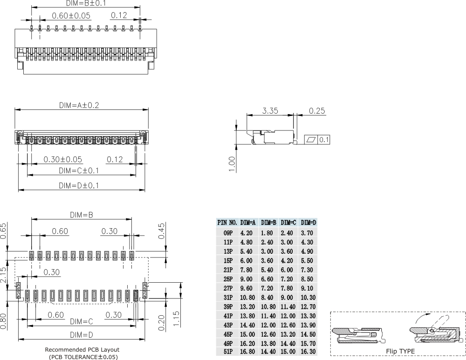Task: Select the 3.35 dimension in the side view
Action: pos(270,111)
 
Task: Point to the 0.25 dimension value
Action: pos(317,111)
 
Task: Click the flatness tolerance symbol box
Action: pos(311,139)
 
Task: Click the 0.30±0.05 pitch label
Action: pos(63,159)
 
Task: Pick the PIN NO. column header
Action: pos(227,223)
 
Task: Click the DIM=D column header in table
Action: pos(308,223)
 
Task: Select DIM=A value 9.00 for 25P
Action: pos(247,279)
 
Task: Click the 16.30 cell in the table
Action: pos(308,352)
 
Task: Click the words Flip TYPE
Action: pos(400,351)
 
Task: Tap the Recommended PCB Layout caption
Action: pos(82,349)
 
